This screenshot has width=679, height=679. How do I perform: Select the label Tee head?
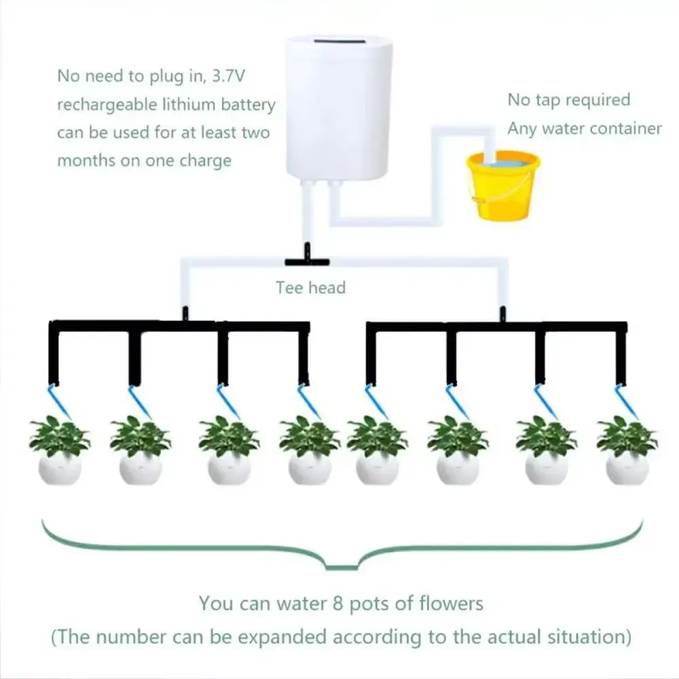[x=310, y=287]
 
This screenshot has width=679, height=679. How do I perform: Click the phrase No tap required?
[x=569, y=100]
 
